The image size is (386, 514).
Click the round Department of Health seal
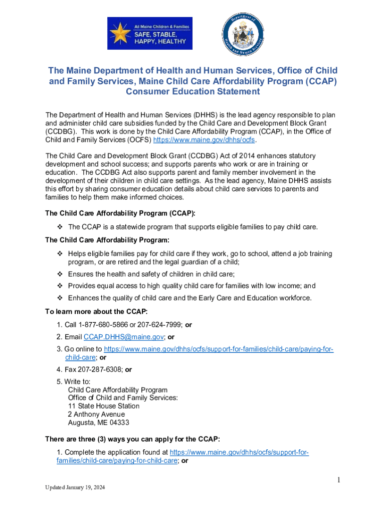244,34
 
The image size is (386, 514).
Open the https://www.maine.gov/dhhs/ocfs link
204,140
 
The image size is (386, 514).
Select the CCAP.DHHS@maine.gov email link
123,337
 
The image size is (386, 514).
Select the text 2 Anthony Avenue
96,414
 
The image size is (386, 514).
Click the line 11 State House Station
104,406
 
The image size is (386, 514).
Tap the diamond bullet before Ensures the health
60,274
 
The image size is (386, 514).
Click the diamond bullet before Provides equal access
60,286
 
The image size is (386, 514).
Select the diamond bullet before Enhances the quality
60,298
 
